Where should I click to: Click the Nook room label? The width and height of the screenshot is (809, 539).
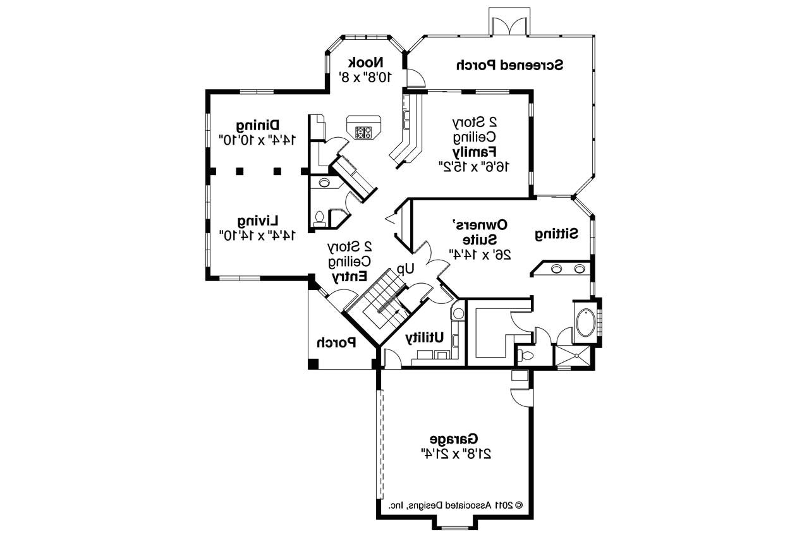[366, 63]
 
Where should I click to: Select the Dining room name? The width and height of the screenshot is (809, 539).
[258, 125]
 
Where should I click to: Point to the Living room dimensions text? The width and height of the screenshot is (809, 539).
[257, 235]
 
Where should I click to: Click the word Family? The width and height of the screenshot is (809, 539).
[474, 152]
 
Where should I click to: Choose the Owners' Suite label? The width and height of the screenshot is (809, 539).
[482, 231]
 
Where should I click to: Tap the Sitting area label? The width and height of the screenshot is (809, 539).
[557, 234]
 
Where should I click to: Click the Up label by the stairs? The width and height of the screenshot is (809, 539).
[405, 269]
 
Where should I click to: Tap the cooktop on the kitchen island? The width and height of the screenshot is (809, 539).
[364, 132]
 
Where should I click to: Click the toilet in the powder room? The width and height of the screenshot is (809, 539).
[320, 219]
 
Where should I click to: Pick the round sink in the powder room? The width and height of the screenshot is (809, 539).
[324, 183]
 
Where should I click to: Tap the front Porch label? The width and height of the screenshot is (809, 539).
[336, 343]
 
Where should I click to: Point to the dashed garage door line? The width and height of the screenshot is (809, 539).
[380, 442]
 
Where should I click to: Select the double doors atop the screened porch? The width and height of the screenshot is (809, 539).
[509, 25]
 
